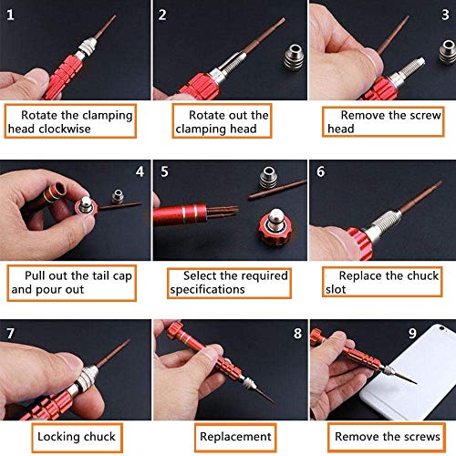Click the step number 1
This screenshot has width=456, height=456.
10,15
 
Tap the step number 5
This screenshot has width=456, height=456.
164,171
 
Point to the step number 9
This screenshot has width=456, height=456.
412,334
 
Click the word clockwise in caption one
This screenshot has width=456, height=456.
65,129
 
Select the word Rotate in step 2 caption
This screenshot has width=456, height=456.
207,115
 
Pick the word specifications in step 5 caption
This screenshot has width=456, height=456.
207,290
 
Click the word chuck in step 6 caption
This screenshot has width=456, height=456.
423,275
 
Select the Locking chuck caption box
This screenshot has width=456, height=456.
77,437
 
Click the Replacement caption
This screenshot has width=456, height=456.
235,437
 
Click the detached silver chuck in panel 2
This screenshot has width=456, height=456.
294,57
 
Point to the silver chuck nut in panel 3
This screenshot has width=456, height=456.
448,52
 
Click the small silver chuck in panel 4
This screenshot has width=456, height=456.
118,197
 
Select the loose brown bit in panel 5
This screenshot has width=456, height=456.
277,189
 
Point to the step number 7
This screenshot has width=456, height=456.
10,334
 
